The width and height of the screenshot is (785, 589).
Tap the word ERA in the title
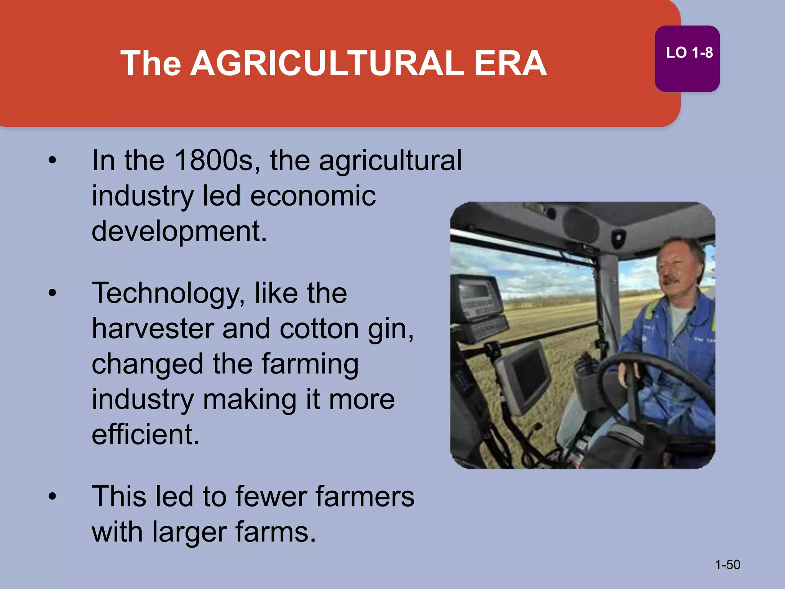[510, 63]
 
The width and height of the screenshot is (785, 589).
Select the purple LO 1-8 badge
[687, 59]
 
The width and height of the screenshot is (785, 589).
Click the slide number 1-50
[728, 565]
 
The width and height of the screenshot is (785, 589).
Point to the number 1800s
[214, 160]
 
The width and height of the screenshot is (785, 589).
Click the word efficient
[146, 434]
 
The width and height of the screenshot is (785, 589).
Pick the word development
[179, 232]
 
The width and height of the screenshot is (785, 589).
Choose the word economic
[313, 196]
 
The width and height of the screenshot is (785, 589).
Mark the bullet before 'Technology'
[53, 294]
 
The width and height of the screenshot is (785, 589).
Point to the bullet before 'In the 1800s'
[53, 161]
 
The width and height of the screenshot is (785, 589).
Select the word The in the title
[151, 63]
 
